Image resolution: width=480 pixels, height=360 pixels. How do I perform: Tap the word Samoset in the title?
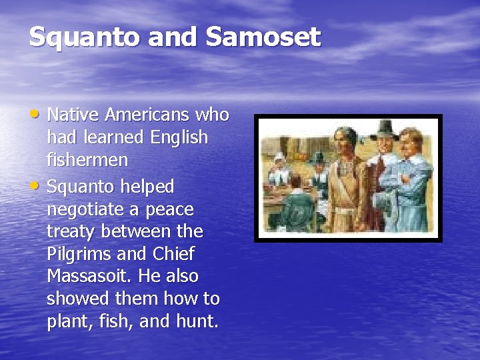click(x=263, y=37)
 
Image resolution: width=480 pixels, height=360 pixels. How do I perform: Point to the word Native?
click(x=71, y=115)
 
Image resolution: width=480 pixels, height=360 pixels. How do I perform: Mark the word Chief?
click(x=174, y=254)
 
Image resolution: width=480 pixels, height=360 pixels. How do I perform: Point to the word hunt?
click(x=195, y=322)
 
